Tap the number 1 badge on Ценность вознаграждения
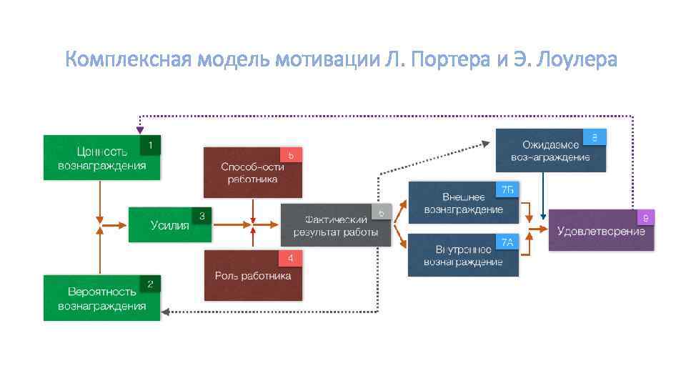coord(150,145)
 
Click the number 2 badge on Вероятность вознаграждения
coord(150,284)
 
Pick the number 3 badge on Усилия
coord(202,215)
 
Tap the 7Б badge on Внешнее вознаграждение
coord(507,189)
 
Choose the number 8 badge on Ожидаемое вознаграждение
coord(595,137)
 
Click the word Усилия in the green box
coord(170,226)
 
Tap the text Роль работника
coord(253,276)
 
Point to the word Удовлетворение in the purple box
coord(601,231)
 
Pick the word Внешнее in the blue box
coord(464,197)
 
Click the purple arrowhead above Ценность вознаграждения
coord(140,130)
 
